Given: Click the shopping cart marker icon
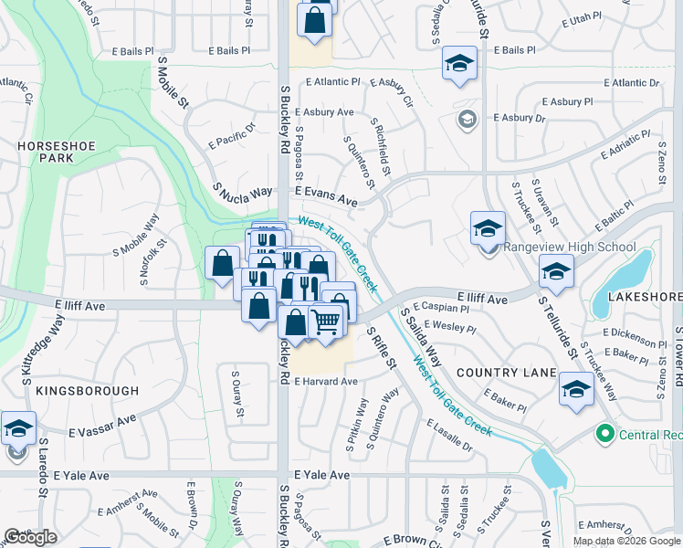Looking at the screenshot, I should (x=326, y=321).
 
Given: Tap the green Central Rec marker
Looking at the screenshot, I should (x=603, y=432).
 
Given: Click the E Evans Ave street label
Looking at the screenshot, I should (x=325, y=197).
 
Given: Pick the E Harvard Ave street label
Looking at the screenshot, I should (x=325, y=381).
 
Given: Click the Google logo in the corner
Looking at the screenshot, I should (x=30, y=536).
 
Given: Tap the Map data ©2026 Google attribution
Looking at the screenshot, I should (x=626, y=541).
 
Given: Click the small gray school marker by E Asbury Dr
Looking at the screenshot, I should (x=467, y=119).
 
